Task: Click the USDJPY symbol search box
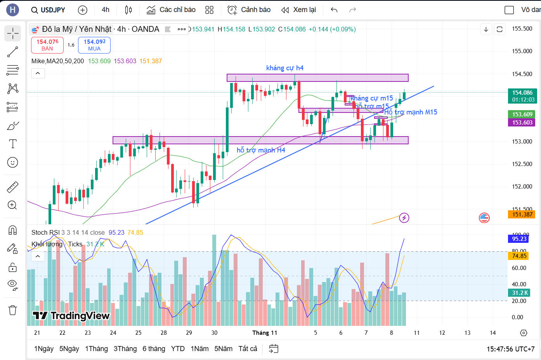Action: click(49, 10)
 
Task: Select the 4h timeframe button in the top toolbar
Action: click(106, 10)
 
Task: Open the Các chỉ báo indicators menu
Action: click(171, 10)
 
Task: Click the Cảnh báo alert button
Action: click(249, 10)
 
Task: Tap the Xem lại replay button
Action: click(299, 10)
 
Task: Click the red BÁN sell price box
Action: click(47, 45)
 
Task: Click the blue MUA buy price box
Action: click(94, 45)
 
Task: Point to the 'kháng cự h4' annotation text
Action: click(284, 68)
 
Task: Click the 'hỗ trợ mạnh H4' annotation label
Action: click(261, 150)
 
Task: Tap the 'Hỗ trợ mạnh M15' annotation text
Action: click(411, 112)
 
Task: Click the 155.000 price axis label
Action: click(522, 51)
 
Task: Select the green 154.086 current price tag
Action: click(522, 96)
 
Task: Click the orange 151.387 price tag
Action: click(522, 215)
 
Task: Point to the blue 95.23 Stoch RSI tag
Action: click(519, 239)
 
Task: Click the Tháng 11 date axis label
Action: click(265, 333)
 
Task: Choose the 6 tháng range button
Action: click(154, 349)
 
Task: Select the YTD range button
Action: click(178, 349)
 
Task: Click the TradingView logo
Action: click(71, 316)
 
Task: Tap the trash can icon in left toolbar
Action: click(13, 310)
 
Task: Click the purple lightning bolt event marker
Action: click(404, 218)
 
